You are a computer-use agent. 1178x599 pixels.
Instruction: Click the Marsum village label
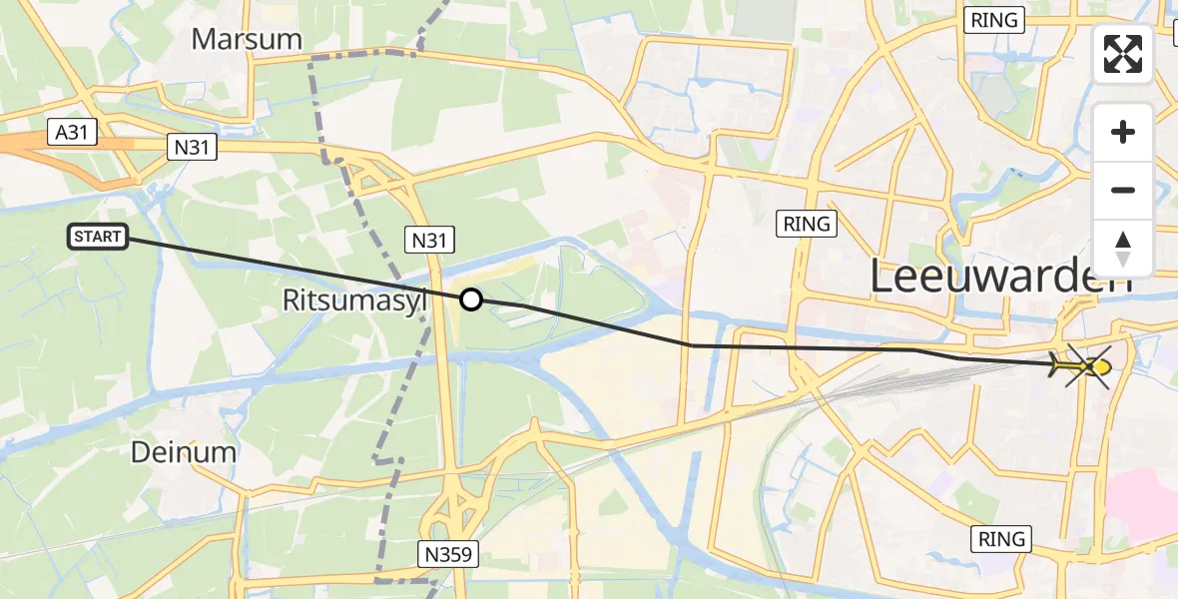point(247,39)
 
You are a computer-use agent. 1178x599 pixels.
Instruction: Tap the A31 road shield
point(72,133)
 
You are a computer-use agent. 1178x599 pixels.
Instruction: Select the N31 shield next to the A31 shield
point(191,147)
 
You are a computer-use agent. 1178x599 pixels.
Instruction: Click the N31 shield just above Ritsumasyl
point(431,239)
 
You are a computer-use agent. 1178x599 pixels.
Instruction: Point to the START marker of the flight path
point(98,237)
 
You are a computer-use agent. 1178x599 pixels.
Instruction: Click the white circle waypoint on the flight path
point(470,299)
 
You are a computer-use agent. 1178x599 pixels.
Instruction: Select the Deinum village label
point(184,452)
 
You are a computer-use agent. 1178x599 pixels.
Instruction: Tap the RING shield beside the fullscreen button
point(993,20)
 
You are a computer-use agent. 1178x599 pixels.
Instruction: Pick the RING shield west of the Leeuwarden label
point(807,224)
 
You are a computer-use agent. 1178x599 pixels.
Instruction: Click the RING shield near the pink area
point(1001,539)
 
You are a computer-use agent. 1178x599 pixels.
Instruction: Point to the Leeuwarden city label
point(1001,277)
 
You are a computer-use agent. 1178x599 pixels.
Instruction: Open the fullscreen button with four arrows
point(1123,54)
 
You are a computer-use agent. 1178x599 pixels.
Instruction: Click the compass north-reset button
point(1123,248)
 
